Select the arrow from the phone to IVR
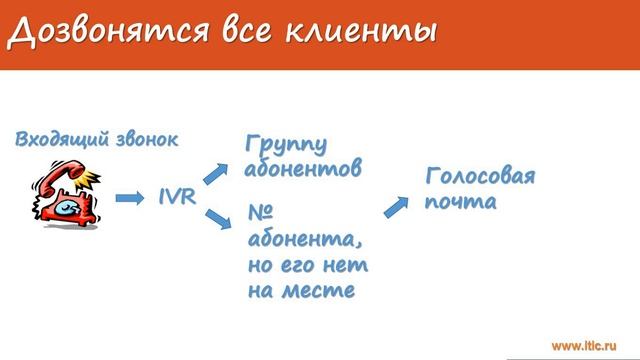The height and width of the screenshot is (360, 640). [131, 198]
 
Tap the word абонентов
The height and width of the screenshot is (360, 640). [302, 170]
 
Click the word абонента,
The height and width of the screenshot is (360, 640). [300, 241]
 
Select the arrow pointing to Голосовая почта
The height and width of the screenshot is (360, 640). [397, 205]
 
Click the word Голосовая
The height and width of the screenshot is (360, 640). [480, 177]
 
